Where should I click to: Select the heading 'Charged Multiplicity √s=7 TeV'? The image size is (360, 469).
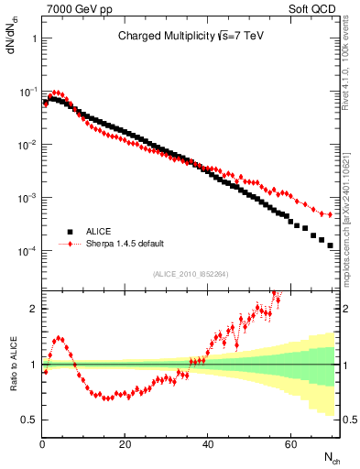(191, 38)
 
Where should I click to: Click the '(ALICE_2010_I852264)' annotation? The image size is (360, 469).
(191, 273)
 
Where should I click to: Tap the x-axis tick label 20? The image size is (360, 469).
(125, 444)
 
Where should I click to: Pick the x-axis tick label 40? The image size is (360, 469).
(208, 444)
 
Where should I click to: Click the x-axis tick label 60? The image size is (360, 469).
(290, 444)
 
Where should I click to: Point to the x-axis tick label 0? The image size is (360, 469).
(42, 444)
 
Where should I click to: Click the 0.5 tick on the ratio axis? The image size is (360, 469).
(30, 420)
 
